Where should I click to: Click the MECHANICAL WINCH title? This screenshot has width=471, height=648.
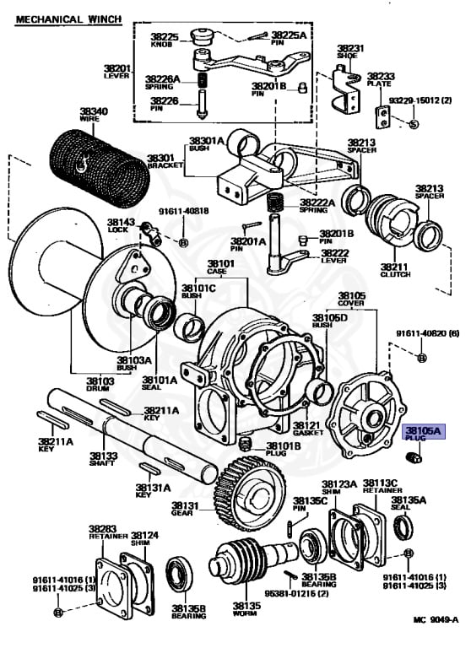tap(68, 18)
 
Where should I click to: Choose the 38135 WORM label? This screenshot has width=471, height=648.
tap(246, 609)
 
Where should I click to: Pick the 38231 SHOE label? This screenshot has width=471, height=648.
tap(350, 52)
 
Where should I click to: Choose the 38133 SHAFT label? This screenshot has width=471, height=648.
tap(104, 459)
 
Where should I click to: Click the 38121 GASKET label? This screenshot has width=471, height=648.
tap(306, 429)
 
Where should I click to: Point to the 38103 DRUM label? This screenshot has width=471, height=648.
tap(99, 386)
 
